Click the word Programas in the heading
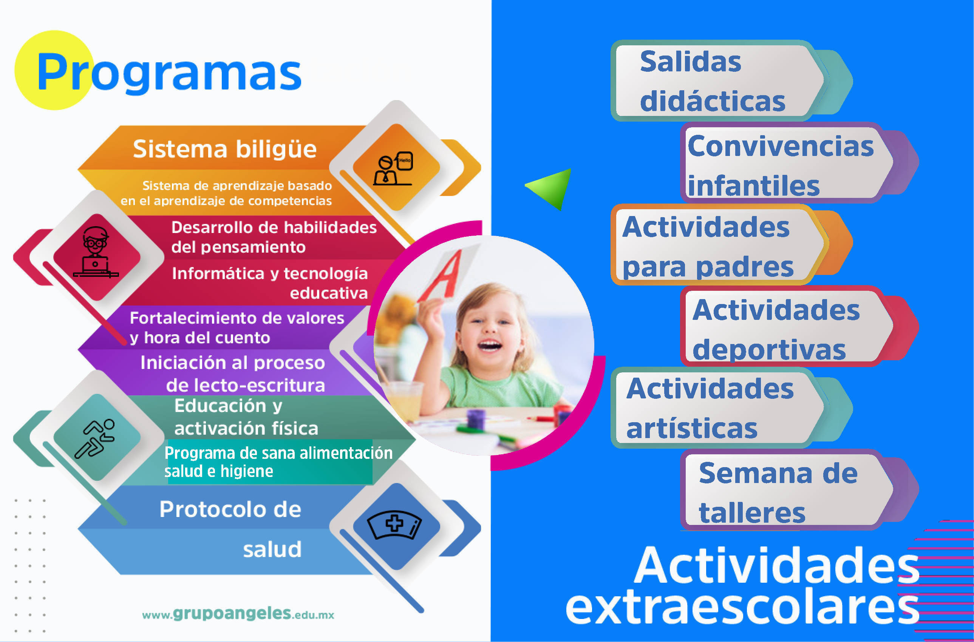point(169,73)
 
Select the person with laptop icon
point(96,252)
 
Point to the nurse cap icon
point(394,525)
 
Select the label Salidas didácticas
point(713,81)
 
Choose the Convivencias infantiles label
point(781,165)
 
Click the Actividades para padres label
point(708,247)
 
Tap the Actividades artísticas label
point(710,408)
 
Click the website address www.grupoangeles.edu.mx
point(238,614)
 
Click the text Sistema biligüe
point(225,149)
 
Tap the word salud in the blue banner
point(272,549)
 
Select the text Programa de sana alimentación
point(278,453)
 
